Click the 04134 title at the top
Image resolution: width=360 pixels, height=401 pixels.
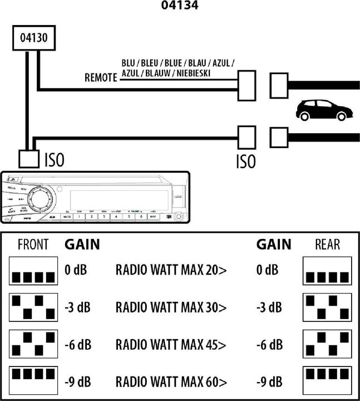tap(179, 6)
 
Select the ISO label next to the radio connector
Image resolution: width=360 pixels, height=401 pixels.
tap(54, 160)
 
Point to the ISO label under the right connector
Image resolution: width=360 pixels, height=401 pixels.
tap(245, 162)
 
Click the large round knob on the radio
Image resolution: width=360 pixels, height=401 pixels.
tap(42, 199)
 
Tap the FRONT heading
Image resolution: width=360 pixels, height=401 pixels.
tap(33, 244)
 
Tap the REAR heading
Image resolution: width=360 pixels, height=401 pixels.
tap(327, 244)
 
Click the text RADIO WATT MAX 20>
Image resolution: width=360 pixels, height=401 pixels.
tap(171, 271)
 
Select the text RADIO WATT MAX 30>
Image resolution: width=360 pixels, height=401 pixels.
tap(171, 307)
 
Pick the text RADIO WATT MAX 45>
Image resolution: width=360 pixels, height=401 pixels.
tap(171, 344)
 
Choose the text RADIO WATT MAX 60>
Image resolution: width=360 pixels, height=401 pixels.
tap(171, 382)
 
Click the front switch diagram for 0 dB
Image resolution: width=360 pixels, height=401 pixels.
tap(33, 271)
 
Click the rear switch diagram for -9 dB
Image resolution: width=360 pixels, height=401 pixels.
tap(327, 380)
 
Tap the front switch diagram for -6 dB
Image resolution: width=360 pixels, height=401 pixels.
tap(33, 344)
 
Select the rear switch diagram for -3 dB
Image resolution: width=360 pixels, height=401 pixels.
tap(327, 307)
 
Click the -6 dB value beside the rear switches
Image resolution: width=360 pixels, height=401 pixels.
tap(269, 344)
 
